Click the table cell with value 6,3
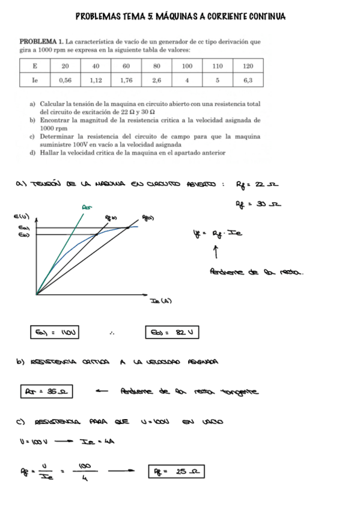pyautogui.click(x=248, y=79)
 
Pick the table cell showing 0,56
pyautogui.click(x=66, y=79)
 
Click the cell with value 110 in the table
pyautogui.click(x=218, y=66)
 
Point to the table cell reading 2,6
pyautogui.click(x=156, y=79)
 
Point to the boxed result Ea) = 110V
pyautogui.click(x=55, y=331)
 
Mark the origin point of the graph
pyautogui.click(x=37, y=294)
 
